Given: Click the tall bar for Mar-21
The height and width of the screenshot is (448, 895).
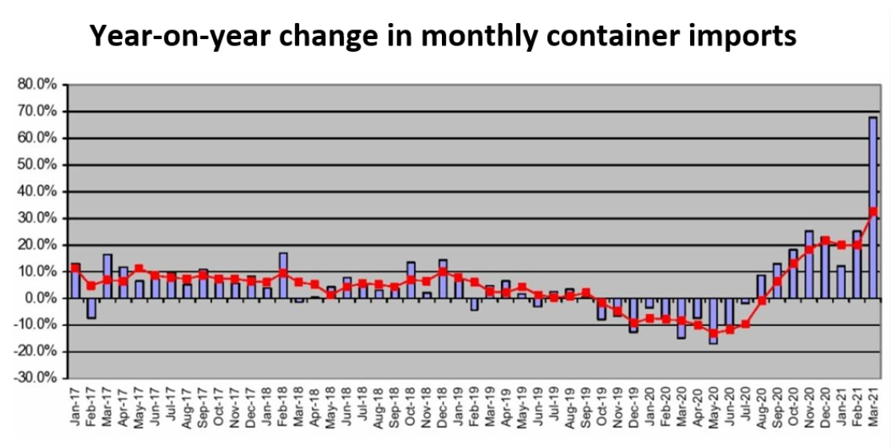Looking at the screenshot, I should (x=873, y=207).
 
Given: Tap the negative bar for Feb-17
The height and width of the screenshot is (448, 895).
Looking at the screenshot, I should (x=92, y=308).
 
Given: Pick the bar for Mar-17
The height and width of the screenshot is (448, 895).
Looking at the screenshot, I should (x=108, y=276).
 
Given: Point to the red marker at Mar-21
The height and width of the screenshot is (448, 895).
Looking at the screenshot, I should (x=873, y=211).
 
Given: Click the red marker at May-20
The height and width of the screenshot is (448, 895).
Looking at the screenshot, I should (x=713, y=332).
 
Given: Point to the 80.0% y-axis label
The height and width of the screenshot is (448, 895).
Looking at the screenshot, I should (x=37, y=84).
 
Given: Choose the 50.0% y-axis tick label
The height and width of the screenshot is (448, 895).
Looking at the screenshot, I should (x=37, y=165).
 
